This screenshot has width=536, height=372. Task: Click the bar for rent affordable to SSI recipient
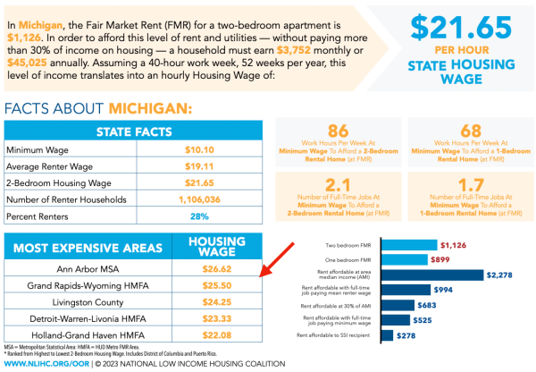tap(388, 334)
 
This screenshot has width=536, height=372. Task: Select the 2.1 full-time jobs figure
tap(337, 185)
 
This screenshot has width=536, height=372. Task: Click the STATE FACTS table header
tap(134, 131)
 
